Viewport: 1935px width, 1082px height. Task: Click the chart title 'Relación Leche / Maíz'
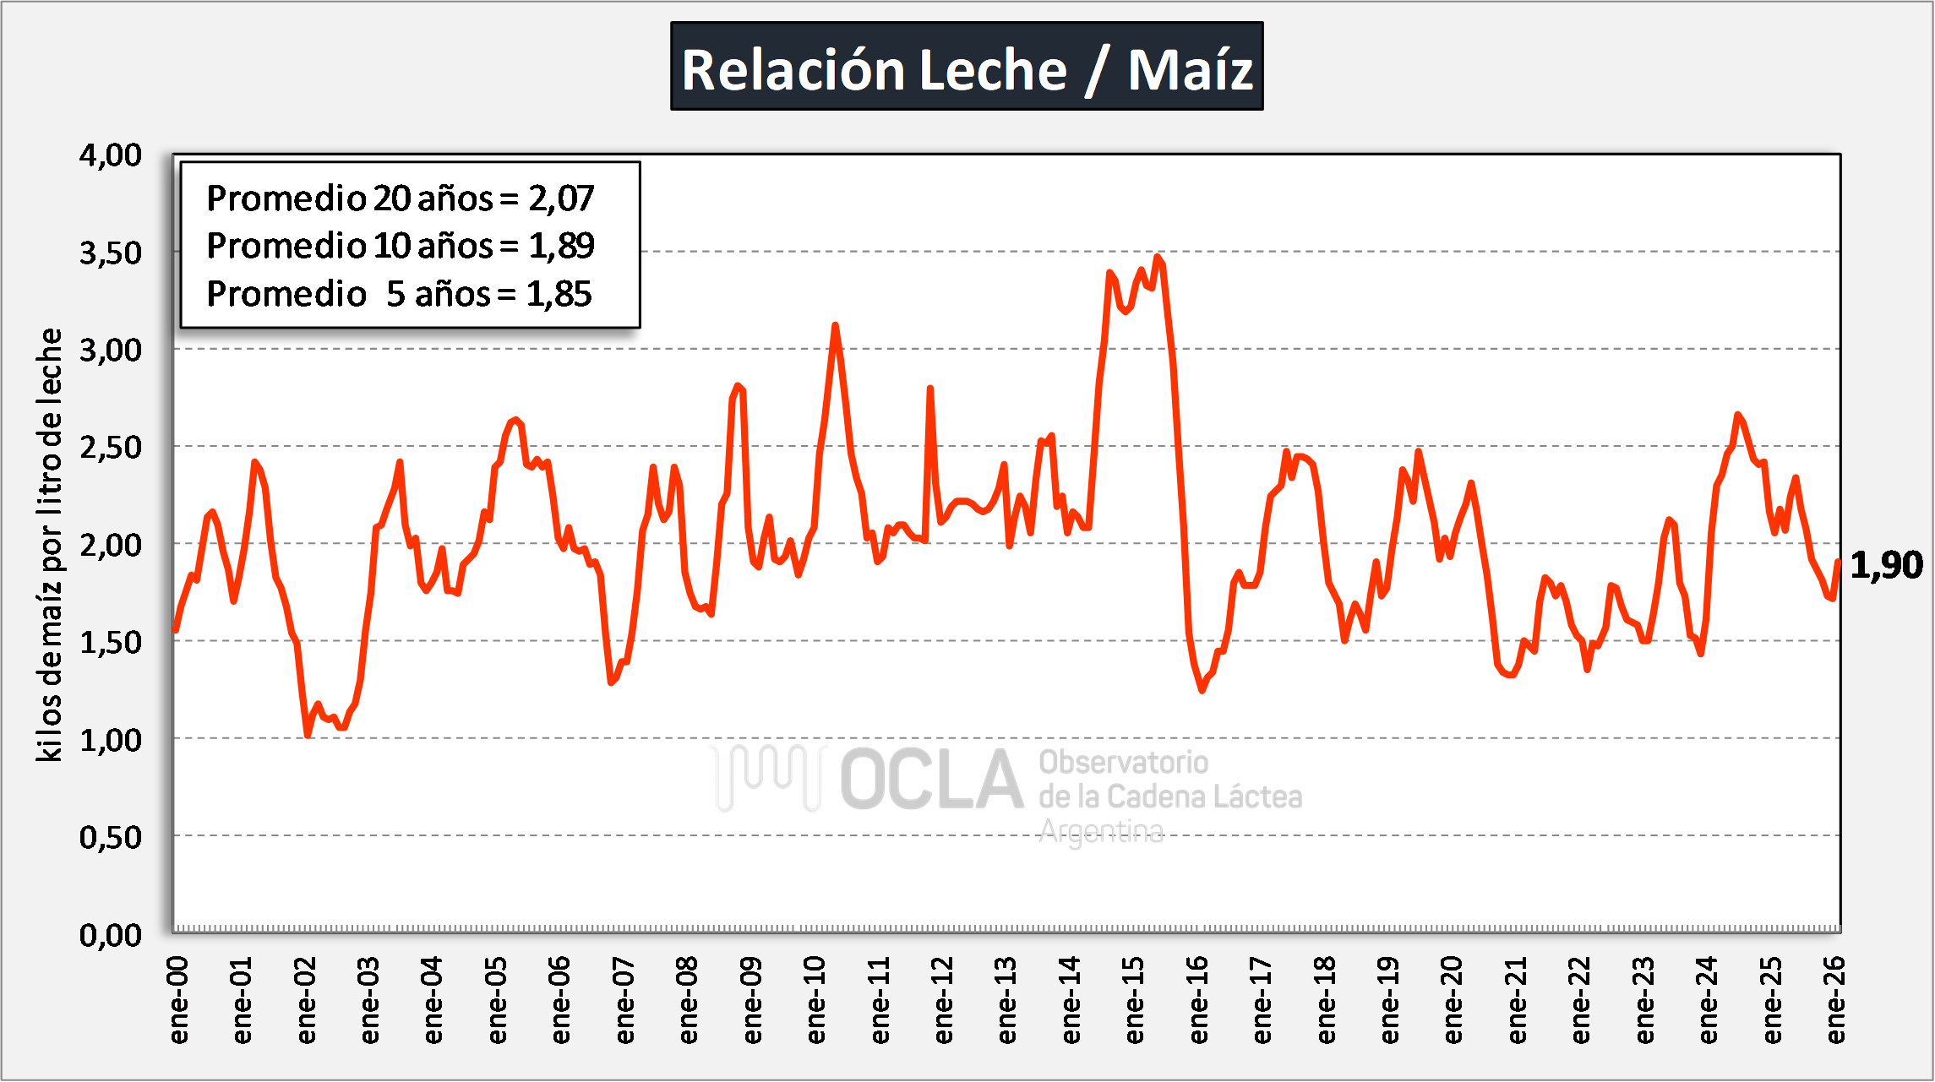point(967,68)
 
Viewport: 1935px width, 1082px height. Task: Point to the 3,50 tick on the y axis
point(111,253)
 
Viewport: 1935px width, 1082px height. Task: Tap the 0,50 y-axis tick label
point(111,837)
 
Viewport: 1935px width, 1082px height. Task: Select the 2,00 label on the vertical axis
point(111,545)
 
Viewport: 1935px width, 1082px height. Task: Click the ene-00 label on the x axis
point(178,1000)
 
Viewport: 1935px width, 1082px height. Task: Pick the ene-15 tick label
point(1135,1000)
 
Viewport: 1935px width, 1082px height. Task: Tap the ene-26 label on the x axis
point(1835,1000)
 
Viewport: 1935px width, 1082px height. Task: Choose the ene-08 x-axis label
point(689,1000)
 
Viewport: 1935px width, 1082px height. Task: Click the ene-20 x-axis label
point(1453,1000)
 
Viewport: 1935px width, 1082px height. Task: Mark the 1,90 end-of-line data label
point(1886,564)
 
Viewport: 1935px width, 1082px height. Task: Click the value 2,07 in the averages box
point(561,198)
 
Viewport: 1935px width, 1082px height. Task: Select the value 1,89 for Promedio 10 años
point(561,246)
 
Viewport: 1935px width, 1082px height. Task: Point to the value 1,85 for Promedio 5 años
point(559,294)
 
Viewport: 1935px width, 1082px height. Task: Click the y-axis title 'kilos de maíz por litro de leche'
point(50,545)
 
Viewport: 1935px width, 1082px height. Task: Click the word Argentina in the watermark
point(1101,832)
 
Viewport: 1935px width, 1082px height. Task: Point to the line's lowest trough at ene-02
point(308,736)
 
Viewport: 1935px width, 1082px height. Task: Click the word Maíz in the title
point(1191,69)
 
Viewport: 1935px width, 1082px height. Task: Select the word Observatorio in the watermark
point(1123,762)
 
